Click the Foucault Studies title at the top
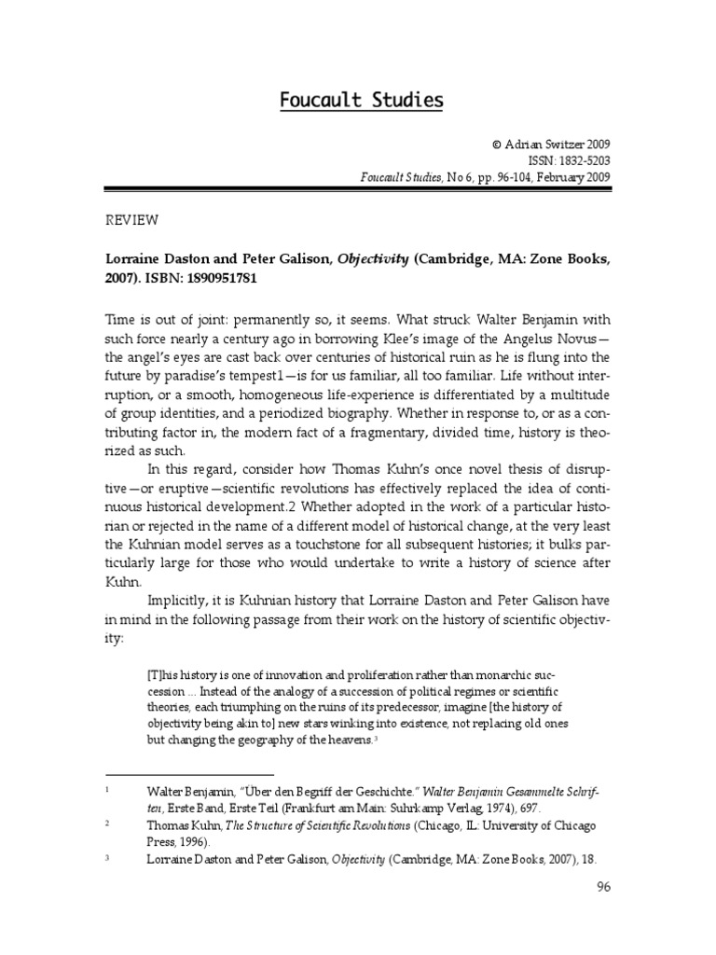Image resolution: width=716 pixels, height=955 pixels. coord(362,100)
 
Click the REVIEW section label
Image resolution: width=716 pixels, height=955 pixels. coord(131,220)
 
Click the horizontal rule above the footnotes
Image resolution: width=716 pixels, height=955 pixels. coord(189,774)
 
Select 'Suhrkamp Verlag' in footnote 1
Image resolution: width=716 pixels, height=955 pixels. coord(440,807)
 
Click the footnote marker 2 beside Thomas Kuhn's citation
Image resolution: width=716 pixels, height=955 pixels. coord(108,824)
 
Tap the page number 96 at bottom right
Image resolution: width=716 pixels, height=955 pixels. coord(602,888)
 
